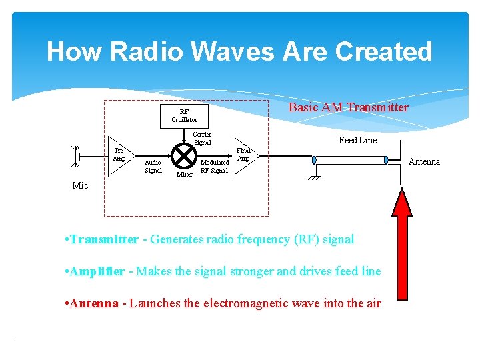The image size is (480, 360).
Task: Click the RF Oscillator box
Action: pos(185,116)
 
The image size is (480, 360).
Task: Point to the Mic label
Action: pos(80,186)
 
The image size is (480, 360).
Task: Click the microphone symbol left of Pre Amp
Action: pos(77,156)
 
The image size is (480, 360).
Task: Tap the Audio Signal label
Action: pos(153,166)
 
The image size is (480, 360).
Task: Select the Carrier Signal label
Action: pos(202,138)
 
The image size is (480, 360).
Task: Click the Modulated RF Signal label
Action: pos(215,166)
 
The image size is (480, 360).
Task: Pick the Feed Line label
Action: pos(357,140)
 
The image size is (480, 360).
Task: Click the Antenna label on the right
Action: pos(424,162)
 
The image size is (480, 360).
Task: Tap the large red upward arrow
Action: pos(403,253)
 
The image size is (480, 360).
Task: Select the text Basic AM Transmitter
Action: pos(348,107)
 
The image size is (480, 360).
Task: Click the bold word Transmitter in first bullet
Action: pos(104,239)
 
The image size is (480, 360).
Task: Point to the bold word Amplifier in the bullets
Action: pos(97,271)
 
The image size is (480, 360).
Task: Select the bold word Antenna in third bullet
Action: pos(94,303)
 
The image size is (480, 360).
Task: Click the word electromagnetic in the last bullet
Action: pos(242,303)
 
